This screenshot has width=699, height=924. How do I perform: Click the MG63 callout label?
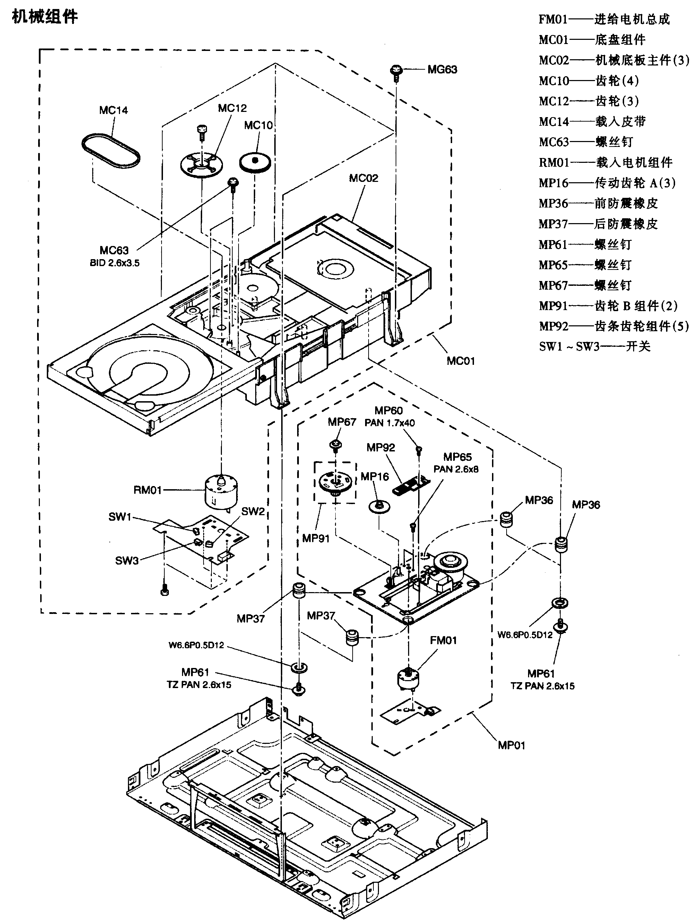(442, 70)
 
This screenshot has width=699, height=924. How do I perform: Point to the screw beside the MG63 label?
(396, 71)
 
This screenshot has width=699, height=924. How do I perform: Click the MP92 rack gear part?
(411, 486)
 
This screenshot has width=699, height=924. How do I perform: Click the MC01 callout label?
(461, 361)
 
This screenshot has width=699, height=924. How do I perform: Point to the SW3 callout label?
(127, 561)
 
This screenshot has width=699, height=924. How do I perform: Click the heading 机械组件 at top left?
(45, 17)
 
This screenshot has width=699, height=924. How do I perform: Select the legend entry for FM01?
(604, 19)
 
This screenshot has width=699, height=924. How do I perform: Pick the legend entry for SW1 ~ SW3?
(595, 347)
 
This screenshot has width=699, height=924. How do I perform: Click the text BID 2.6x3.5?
(114, 263)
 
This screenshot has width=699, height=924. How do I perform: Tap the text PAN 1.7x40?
(389, 423)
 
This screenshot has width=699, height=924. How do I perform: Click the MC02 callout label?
(363, 178)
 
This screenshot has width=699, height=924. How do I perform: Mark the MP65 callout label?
(457, 457)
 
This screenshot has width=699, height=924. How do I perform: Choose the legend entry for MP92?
(613, 326)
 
